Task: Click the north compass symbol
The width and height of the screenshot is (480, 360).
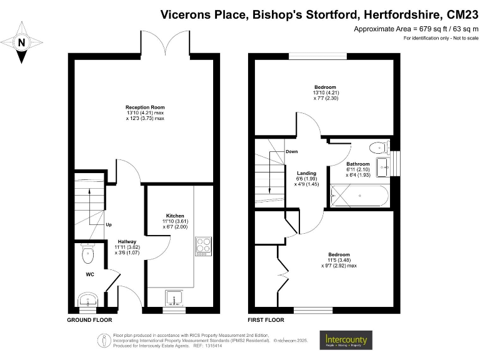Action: pos(22,42)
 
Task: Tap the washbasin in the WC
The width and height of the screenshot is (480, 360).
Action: pos(87,297)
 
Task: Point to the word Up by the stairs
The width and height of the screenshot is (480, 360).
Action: pos(108,224)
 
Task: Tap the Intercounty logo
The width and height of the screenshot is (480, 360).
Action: pos(346,340)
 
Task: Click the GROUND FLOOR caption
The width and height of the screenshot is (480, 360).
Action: pos(89,319)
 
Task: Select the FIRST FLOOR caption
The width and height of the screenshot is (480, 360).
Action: pos(266,319)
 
